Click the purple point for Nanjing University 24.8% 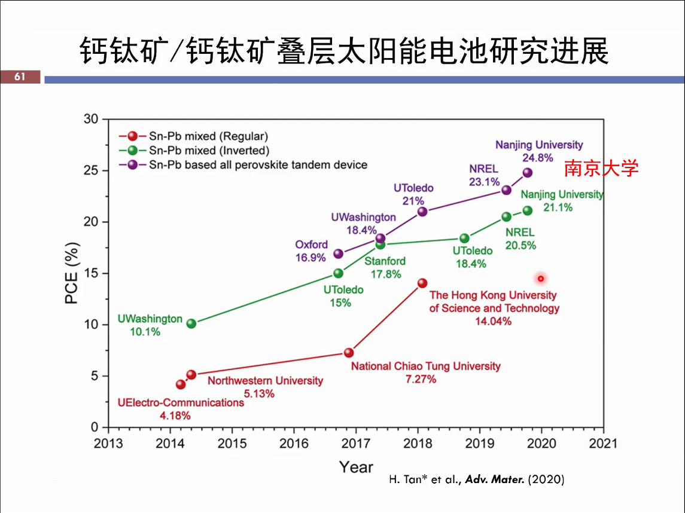(527, 173)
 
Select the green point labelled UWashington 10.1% (191, 323)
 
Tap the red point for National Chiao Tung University (349, 353)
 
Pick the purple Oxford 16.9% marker (339, 254)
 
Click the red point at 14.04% (422, 283)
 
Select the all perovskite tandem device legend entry (258, 164)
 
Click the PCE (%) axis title (72, 273)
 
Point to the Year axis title (356, 467)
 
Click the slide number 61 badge (20, 77)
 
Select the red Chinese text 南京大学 (601, 168)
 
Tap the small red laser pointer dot (541, 279)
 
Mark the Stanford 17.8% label (385, 267)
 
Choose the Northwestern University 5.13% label (265, 387)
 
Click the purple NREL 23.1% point (506, 190)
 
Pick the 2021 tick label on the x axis (603, 444)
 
